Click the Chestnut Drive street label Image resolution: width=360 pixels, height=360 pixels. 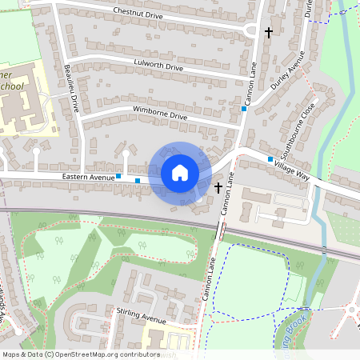(x=138, y=13)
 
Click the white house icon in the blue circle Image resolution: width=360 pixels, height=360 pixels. (x=180, y=173)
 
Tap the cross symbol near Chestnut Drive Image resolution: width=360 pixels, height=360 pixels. (x=268, y=32)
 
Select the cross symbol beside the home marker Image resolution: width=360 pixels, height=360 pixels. (x=218, y=188)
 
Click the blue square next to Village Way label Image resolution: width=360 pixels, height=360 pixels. (x=270, y=159)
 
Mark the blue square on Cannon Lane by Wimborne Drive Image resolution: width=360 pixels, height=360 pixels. (x=243, y=109)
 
